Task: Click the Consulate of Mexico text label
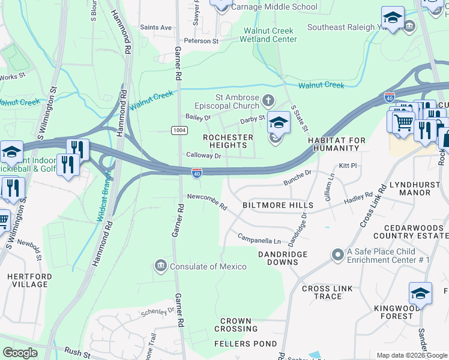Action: (208, 266)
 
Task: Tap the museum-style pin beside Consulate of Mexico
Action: (160, 266)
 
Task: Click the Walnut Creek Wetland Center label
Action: (268, 35)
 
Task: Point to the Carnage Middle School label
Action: (274, 7)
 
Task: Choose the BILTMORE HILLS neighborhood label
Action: (270, 205)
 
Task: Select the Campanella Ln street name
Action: (259, 240)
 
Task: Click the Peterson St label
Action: (201, 41)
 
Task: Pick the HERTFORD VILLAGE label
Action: (28, 280)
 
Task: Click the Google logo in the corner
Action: (20, 353)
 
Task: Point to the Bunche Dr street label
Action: (298, 175)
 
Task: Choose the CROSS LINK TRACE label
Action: (330, 293)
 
